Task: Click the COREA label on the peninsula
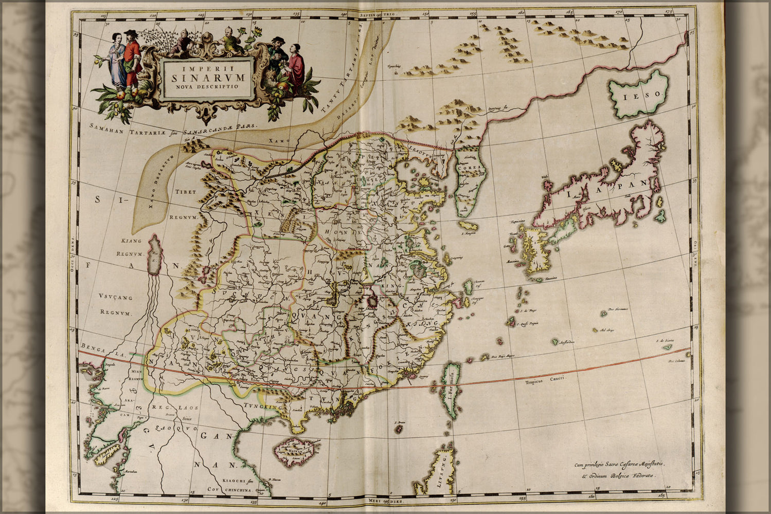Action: click(x=469, y=168)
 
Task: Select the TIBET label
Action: click(x=186, y=192)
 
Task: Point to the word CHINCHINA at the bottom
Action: click(x=238, y=490)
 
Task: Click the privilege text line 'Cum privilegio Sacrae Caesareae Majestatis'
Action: click(x=619, y=464)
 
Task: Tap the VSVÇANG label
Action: click(x=115, y=297)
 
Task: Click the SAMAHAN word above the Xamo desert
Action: click(x=106, y=127)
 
